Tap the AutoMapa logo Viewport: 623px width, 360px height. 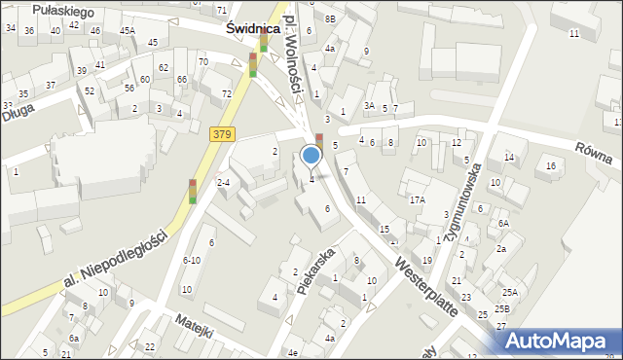[x=556, y=339]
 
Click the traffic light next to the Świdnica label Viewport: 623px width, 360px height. [x=252, y=65]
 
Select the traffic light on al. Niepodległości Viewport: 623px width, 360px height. [x=193, y=192]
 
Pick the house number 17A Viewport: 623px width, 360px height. [x=417, y=199]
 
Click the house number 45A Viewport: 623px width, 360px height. [x=128, y=30]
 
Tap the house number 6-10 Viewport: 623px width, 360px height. [x=192, y=260]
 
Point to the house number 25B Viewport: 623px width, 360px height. [x=500, y=308]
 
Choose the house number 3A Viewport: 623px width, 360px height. [x=369, y=105]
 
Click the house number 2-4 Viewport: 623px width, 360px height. [x=223, y=182]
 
